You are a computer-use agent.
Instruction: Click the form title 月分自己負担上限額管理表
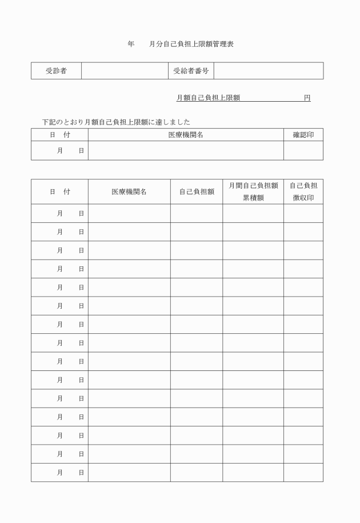pyautogui.click(x=191, y=44)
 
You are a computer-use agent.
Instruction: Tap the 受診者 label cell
pyautogui.click(x=56, y=71)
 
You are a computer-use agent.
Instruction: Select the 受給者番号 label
pyautogui.click(x=190, y=71)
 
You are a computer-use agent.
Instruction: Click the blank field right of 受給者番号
pyautogui.click(x=268, y=71)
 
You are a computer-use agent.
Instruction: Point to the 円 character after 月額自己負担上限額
pyautogui.click(x=307, y=98)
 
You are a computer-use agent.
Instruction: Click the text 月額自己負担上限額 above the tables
pyautogui.click(x=209, y=98)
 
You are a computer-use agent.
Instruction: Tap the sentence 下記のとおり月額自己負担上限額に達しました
pyautogui.click(x=116, y=122)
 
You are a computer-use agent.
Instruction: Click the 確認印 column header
pyautogui.click(x=303, y=135)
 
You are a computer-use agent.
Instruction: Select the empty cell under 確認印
pyautogui.click(x=303, y=150)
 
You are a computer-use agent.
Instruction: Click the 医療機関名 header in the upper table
pyautogui.click(x=186, y=135)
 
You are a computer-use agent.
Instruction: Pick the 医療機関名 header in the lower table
pyautogui.click(x=129, y=192)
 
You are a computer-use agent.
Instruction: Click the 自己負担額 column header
pyautogui.click(x=196, y=192)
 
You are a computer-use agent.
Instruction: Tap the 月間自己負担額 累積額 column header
pyautogui.click(x=253, y=191)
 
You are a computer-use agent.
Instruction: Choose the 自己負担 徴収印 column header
pyautogui.click(x=303, y=191)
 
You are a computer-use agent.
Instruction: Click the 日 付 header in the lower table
pyautogui.click(x=59, y=192)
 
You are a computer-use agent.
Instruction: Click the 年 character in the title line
pyautogui.click(x=131, y=44)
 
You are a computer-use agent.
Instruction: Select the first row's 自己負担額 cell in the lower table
pyautogui.click(x=196, y=213)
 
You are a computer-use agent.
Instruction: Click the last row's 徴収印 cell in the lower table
pyautogui.click(x=303, y=472)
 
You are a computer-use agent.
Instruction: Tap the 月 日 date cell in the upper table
pyautogui.click(x=59, y=150)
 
